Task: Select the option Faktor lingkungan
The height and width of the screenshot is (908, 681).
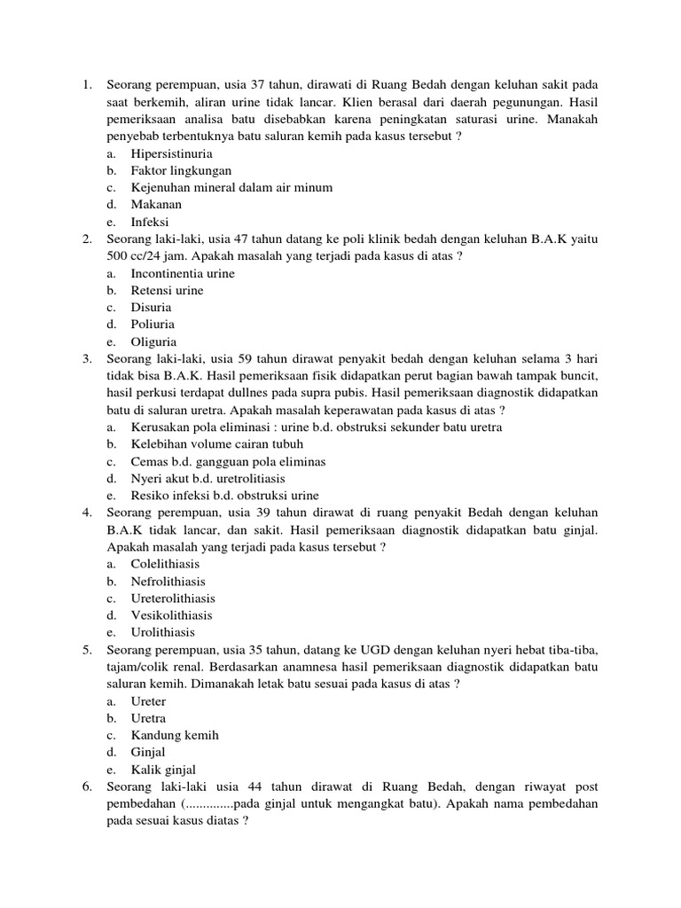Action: (181, 170)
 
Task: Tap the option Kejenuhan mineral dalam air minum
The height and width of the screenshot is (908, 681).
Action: (231, 187)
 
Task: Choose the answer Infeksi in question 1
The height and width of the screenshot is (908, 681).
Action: (150, 222)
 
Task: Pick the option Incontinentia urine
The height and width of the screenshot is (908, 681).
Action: (183, 273)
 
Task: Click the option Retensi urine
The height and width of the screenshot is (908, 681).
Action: (167, 290)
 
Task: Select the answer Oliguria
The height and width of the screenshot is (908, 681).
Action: (153, 341)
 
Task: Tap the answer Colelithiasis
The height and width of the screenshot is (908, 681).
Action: (165, 564)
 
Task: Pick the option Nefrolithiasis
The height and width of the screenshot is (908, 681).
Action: (168, 582)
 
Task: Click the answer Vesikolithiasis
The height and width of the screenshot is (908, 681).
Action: (171, 615)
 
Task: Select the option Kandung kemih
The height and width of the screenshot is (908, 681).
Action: (175, 735)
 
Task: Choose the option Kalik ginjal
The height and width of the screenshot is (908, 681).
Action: (163, 770)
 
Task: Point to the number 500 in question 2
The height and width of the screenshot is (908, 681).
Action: (118, 256)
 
